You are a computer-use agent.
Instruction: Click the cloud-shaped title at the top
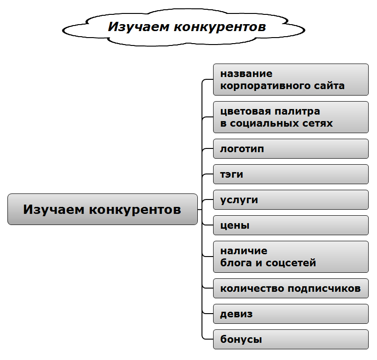[186, 27]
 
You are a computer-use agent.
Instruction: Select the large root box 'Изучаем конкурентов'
[102, 209]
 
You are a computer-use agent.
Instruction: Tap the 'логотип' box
[290, 149]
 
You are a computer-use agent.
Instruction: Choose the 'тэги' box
[290, 174]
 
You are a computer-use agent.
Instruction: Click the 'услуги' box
[290, 200]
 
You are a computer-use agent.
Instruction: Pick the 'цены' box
[290, 225]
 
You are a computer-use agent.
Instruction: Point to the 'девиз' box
[290, 314]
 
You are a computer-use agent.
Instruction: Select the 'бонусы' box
[290, 339]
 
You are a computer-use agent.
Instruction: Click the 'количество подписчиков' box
[290, 288]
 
